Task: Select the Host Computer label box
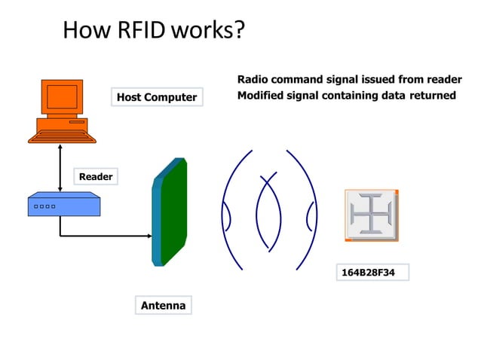coord(157,97)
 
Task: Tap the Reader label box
coord(96,177)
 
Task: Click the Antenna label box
coord(163,305)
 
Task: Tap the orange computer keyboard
coord(62,136)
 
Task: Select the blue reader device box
coord(61,204)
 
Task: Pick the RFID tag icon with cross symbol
coord(371,215)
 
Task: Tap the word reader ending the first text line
coord(444,80)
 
